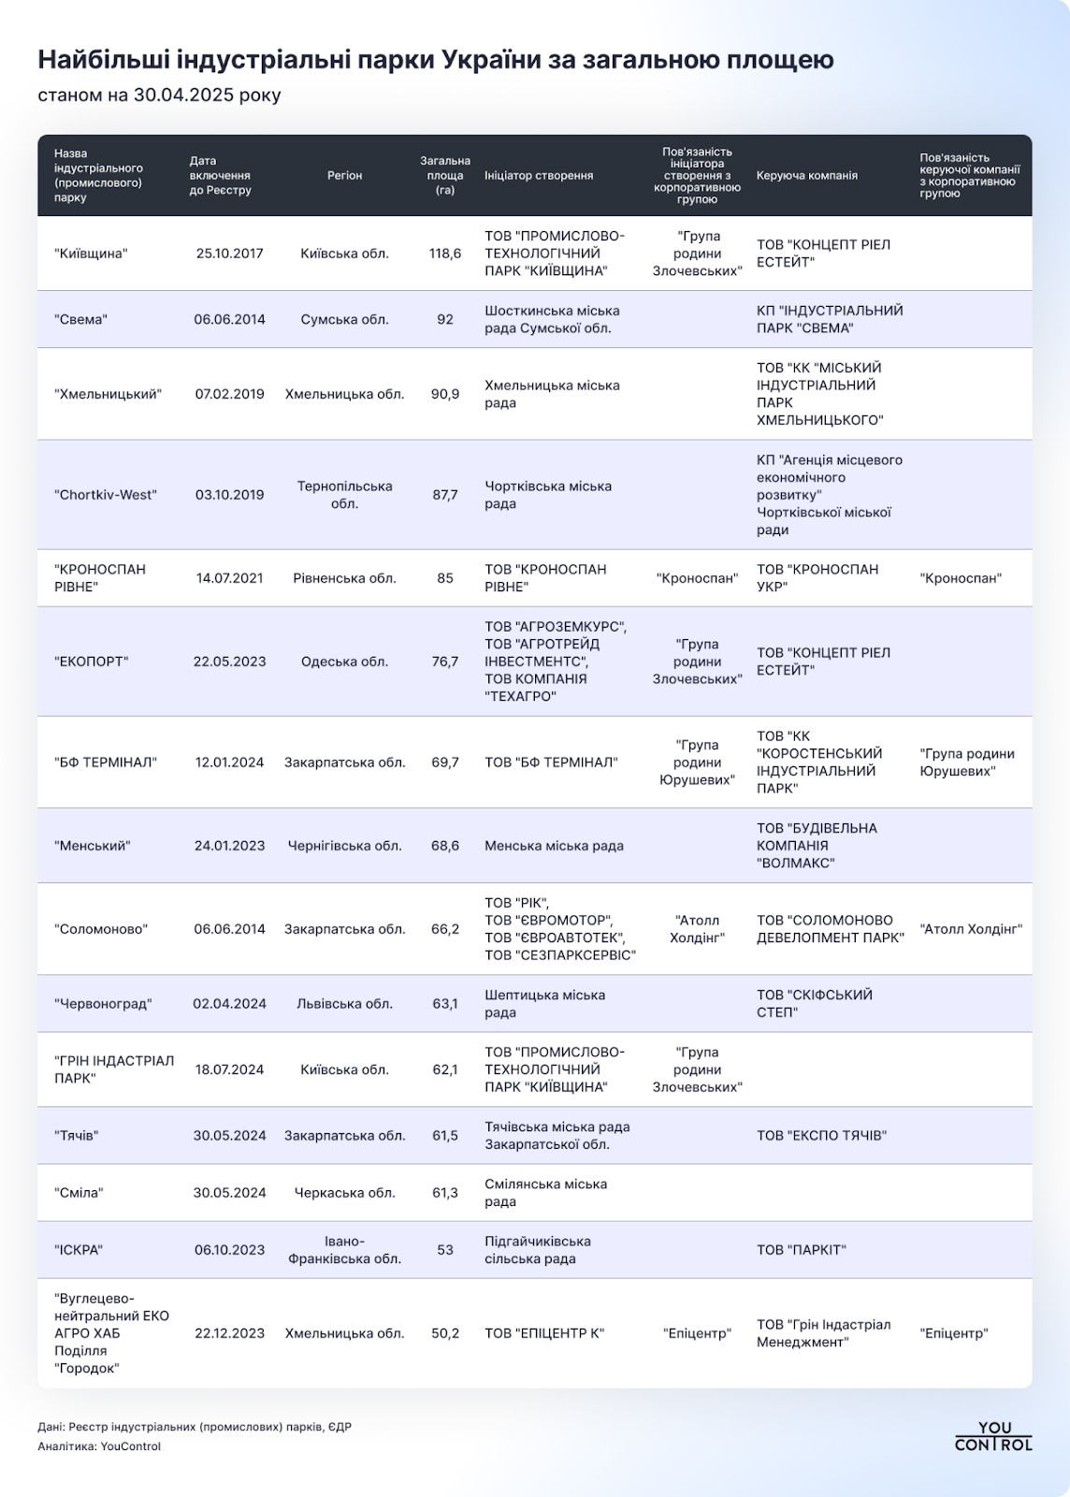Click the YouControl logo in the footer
[993, 1436]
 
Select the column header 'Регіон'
[344, 175]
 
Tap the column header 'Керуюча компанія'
[806, 175]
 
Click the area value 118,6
[445, 254]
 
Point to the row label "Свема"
[80, 319]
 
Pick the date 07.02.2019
[229, 394]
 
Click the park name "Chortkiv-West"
[106, 495]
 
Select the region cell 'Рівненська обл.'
[344, 578]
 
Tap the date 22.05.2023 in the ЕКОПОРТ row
[229, 661]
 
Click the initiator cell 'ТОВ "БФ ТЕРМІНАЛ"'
[551, 763]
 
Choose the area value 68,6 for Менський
[445, 846]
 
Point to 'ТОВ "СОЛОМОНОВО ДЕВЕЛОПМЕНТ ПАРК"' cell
[830, 929]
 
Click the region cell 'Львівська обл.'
[344, 1004]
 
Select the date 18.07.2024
[229, 1069]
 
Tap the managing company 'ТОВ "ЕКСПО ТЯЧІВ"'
[821, 1136]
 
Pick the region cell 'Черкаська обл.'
[344, 1193]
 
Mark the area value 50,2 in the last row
[445, 1333]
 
